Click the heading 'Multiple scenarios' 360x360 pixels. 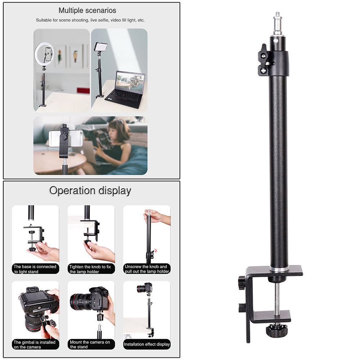click(x=87, y=10)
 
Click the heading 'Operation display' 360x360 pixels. click(x=90, y=190)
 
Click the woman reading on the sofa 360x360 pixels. click(x=115, y=144)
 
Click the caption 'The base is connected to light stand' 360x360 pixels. click(x=35, y=269)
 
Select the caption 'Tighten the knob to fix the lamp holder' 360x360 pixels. click(x=91, y=269)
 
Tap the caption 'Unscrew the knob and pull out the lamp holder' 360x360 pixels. click(x=147, y=269)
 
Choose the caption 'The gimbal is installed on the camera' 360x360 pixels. click(x=35, y=345)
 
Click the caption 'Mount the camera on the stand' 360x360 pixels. click(x=91, y=345)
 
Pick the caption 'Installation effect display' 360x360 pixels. click(x=147, y=345)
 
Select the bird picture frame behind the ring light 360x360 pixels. click(x=76, y=56)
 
